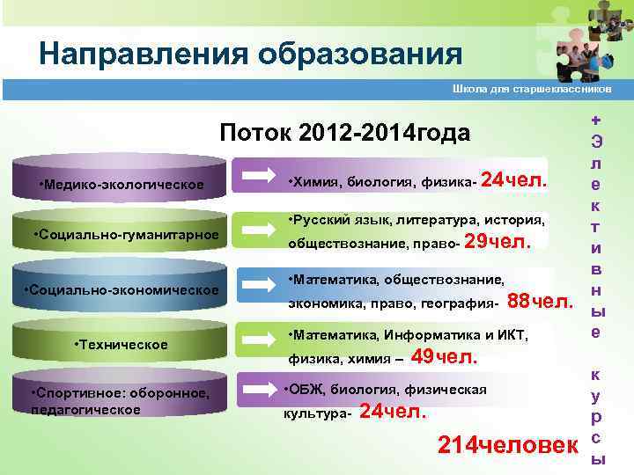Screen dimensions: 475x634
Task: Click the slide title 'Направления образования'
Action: [x=250, y=55]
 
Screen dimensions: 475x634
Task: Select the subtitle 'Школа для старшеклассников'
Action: [x=531, y=89]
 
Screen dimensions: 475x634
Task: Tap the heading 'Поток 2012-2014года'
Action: [x=344, y=133]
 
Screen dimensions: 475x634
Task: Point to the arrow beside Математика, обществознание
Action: [x=259, y=285]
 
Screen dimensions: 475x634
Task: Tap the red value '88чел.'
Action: [x=541, y=302]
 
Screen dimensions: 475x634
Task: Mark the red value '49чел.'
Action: [x=445, y=356]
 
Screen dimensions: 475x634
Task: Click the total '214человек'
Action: [x=504, y=444]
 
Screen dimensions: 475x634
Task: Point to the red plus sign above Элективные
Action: [x=597, y=119]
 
